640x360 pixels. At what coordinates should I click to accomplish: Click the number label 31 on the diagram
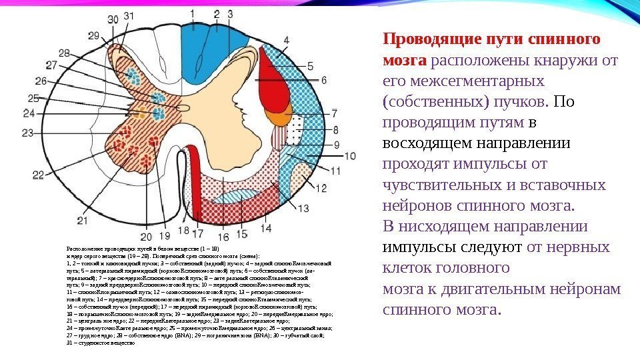[x=129, y=15]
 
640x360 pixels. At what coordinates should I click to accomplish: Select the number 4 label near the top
[x=286, y=40]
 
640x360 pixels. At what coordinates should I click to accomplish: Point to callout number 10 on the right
[x=350, y=157]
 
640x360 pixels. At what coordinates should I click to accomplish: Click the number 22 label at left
[x=38, y=175]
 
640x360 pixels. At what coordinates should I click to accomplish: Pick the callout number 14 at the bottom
[x=265, y=228]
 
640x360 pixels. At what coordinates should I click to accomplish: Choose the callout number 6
[x=325, y=79]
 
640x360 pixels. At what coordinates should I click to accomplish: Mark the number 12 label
[x=321, y=189]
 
